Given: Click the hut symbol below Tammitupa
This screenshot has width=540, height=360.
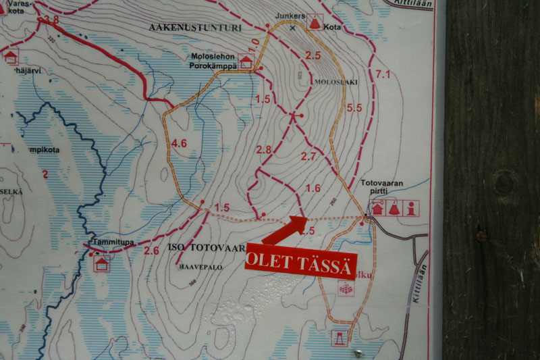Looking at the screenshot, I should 102,263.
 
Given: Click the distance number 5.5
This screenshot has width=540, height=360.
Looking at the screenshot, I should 354,107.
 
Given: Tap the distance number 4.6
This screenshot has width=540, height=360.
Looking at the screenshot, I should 180,143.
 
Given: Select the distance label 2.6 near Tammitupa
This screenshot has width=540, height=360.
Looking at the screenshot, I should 151,251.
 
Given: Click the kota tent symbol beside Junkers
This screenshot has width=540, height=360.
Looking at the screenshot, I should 314,23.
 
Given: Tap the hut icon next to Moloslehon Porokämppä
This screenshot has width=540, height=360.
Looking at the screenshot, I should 246,62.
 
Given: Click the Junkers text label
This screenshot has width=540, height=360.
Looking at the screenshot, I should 291,16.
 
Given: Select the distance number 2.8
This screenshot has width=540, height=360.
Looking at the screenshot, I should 263,149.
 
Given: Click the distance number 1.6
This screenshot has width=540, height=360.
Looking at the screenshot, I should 313,188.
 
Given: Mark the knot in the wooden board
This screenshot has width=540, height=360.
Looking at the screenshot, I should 505,183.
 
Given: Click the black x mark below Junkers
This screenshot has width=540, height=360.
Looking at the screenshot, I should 292,28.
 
